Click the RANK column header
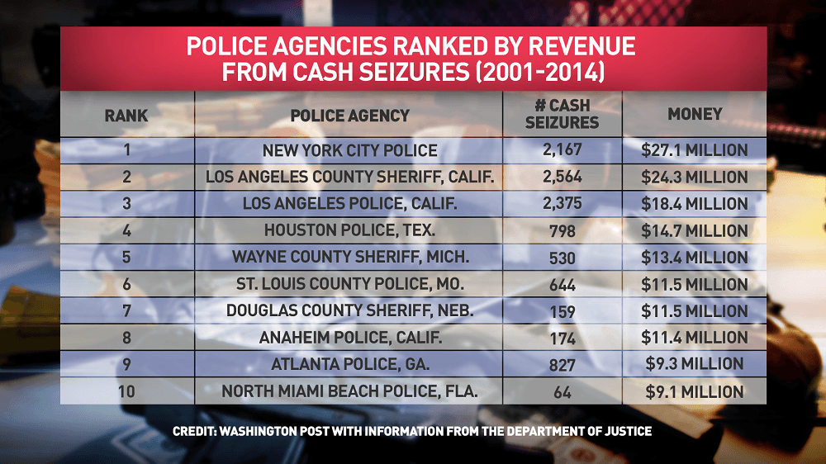pyautogui.click(x=126, y=115)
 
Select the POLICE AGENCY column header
pyautogui.click(x=349, y=115)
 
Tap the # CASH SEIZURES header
pyautogui.click(x=563, y=115)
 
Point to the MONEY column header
pyautogui.click(x=695, y=115)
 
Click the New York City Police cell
pyautogui.click(x=349, y=150)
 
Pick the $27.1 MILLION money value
pyautogui.click(x=695, y=150)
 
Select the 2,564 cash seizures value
pyautogui.click(x=563, y=177)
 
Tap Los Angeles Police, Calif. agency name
pyautogui.click(x=349, y=204)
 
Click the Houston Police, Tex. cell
pyautogui.click(x=349, y=230)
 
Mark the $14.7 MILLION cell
pyautogui.click(x=695, y=230)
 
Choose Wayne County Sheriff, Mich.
pyautogui.click(x=349, y=258)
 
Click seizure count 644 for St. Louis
pyautogui.click(x=563, y=284)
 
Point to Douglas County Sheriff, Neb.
pyautogui.click(x=349, y=311)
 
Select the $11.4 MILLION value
pyautogui.click(x=695, y=338)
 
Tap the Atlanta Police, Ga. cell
pyautogui.click(x=349, y=364)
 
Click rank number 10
pyautogui.click(x=126, y=391)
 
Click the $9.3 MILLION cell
pyautogui.click(x=695, y=364)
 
